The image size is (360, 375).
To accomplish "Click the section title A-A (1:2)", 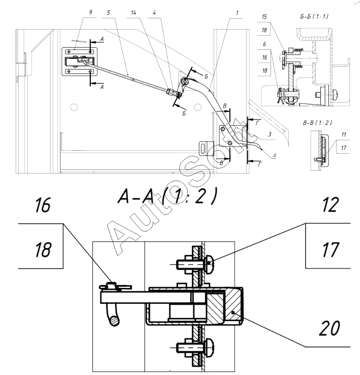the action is pos(168,196).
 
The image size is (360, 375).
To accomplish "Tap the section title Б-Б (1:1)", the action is pos(314,16).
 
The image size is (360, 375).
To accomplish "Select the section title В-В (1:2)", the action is pos(317,123).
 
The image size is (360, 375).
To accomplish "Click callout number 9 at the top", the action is pos(91,12).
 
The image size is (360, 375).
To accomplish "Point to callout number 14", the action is pos(134,12).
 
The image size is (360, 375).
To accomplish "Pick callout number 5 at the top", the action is pos(108,12).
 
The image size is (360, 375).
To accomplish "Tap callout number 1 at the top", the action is pos(237,13).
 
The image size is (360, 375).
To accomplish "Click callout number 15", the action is pos(264,17).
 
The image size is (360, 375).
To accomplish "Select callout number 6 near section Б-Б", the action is pos(264,44).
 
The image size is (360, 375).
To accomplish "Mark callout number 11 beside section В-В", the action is pos(344,134).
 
